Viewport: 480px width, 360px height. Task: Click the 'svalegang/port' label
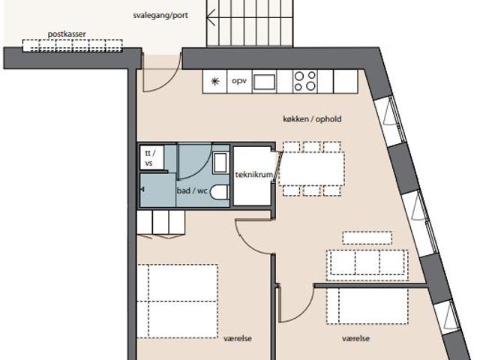[x=160, y=15]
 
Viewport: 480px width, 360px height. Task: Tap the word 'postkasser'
[x=67, y=34]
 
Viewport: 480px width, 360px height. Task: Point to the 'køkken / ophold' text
[x=312, y=118]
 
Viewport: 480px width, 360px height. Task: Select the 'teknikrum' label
[x=253, y=175]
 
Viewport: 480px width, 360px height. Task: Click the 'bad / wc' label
[x=192, y=190]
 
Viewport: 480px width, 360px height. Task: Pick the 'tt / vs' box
[x=151, y=157]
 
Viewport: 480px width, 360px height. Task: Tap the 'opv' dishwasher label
[x=239, y=81]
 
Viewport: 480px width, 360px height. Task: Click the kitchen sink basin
[x=264, y=82]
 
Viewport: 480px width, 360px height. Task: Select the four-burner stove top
[x=305, y=81]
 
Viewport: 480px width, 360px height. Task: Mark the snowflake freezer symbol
[x=215, y=81]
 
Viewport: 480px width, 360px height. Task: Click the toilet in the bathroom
[x=220, y=192]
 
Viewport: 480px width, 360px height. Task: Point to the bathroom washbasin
[x=220, y=163]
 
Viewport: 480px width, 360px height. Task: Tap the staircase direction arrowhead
[x=211, y=18]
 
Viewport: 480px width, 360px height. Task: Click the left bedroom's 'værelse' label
[x=238, y=338]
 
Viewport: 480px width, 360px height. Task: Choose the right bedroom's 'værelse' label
[x=355, y=338]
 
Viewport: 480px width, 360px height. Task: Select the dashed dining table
[x=312, y=169]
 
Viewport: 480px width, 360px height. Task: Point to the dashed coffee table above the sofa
[x=367, y=238]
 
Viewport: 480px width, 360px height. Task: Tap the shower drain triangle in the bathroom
[x=142, y=190]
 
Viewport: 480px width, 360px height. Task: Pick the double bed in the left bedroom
[x=177, y=301]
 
